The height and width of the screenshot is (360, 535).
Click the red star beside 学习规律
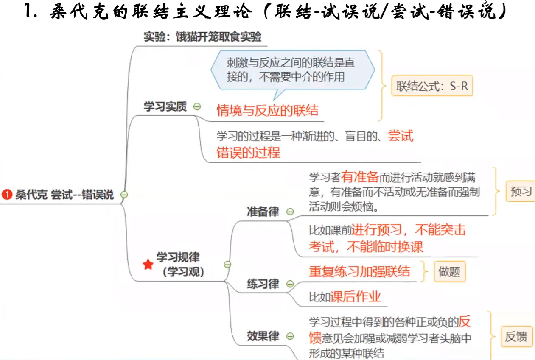click(148, 265)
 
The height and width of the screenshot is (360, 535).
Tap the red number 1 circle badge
click(6, 195)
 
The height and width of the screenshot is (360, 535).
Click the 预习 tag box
click(521, 192)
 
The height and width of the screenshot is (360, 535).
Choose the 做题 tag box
click(449, 271)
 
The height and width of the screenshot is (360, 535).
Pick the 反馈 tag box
click(516, 337)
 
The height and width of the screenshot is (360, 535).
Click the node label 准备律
click(263, 212)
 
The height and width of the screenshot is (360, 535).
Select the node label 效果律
click(263, 336)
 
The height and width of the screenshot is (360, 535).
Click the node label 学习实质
click(165, 107)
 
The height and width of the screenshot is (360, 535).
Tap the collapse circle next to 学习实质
click(197, 107)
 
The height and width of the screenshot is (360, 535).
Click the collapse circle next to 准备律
click(290, 212)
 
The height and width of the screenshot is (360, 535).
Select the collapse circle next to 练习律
click(290, 284)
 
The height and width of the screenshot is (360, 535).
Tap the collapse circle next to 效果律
click(290, 336)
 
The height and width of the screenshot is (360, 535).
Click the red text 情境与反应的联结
click(267, 111)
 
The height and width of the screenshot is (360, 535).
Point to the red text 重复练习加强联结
click(359, 271)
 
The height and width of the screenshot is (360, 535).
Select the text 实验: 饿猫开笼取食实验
click(202, 37)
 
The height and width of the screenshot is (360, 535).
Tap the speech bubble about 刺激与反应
click(293, 70)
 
